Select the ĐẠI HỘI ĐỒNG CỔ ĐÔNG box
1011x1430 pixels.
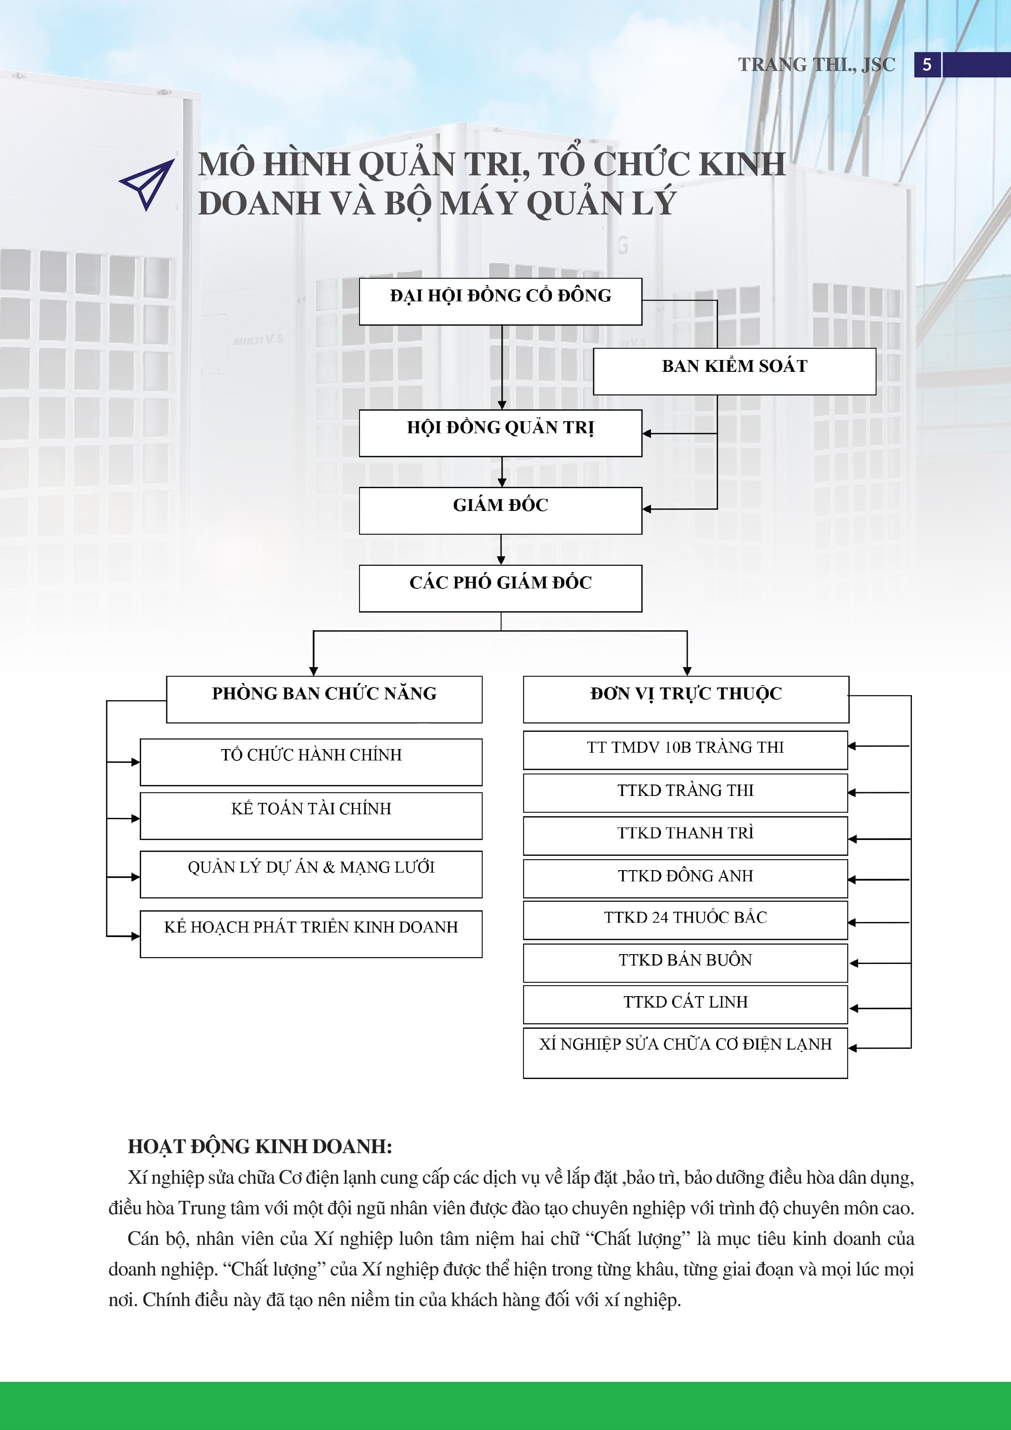coord(501,301)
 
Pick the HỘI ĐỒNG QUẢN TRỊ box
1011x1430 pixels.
coord(501,433)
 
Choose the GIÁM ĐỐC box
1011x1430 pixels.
coord(501,511)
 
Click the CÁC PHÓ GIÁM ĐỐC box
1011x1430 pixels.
coord(501,588)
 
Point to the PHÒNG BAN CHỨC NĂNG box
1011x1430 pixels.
coord(324,699)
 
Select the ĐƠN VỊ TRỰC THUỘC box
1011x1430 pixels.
coord(686,699)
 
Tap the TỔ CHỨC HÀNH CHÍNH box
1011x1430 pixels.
coord(311,763)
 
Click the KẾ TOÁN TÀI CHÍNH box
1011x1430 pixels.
coord(311,816)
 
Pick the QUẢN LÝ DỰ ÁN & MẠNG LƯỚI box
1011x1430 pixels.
coord(311,875)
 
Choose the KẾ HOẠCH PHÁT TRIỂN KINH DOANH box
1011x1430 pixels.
coord(311,934)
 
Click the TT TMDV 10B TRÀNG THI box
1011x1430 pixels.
coord(685,751)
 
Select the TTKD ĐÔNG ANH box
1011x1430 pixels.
coord(685,879)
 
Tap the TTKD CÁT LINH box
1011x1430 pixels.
coord(685,1005)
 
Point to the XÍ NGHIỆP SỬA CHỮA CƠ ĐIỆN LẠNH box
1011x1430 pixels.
coord(685,1053)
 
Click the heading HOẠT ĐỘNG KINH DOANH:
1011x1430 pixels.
coord(260,1147)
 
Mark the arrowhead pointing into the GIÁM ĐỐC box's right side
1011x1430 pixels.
coord(647,509)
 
